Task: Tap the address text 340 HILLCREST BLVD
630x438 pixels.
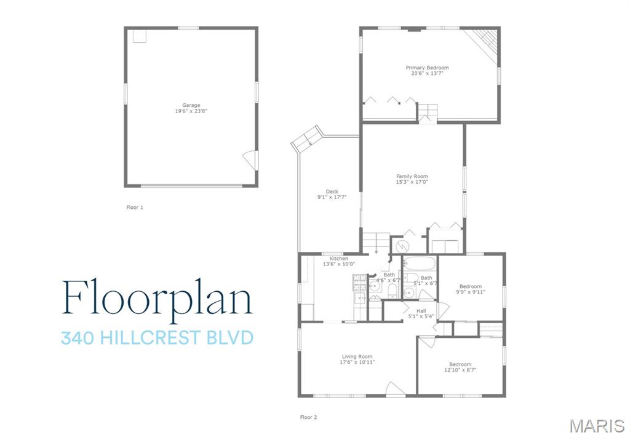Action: click(x=157, y=338)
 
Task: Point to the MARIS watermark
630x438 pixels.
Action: click(x=596, y=426)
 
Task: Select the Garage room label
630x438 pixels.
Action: click(x=191, y=105)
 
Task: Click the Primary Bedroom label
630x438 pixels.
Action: click(x=427, y=68)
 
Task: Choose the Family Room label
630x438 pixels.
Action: click(x=412, y=176)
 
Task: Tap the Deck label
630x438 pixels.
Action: click(x=332, y=192)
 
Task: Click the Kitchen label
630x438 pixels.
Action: click(x=338, y=259)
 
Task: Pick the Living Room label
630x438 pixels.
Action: click(x=357, y=356)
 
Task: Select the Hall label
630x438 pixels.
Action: click(x=421, y=311)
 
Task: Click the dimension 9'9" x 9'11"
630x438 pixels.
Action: click(x=471, y=292)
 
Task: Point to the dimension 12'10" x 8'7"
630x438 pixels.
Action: click(x=460, y=370)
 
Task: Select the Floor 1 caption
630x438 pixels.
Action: click(x=135, y=208)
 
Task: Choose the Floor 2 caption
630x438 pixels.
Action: click(x=308, y=417)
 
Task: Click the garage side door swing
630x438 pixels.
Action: click(x=250, y=160)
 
